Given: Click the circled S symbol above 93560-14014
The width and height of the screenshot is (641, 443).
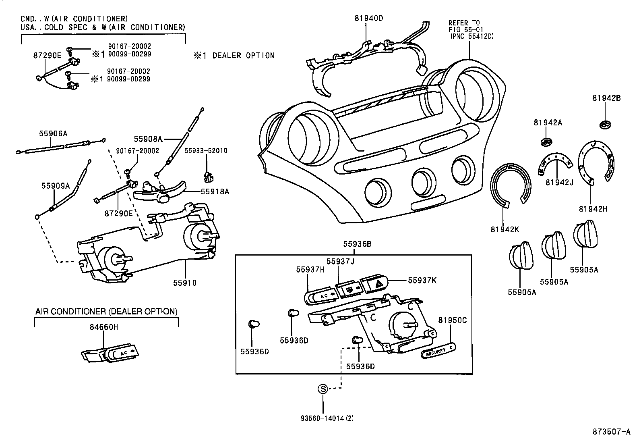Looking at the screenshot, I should tap(323, 389).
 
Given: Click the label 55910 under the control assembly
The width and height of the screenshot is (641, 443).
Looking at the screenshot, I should tap(185, 283).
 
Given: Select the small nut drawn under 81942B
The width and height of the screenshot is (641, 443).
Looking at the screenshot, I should tap(605, 125).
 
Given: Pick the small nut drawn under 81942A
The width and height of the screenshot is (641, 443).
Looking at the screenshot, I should tap(546, 141).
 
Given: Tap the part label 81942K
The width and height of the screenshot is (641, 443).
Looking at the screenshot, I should tap(505, 229).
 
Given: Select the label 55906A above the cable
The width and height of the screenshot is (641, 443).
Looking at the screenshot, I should tap(53, 133).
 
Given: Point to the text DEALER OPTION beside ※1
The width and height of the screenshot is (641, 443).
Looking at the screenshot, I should tap(243, 56).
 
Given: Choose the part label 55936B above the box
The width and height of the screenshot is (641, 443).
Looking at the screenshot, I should tap(357, 243).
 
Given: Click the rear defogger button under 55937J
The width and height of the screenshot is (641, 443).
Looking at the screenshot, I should tap(349, 289).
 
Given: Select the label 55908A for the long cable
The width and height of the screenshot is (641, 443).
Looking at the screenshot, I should tap(148, 139).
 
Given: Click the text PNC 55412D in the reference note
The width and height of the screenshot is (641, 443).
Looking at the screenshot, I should tap(472, 36).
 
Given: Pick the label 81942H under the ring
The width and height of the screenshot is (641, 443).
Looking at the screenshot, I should tap(593, 209).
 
